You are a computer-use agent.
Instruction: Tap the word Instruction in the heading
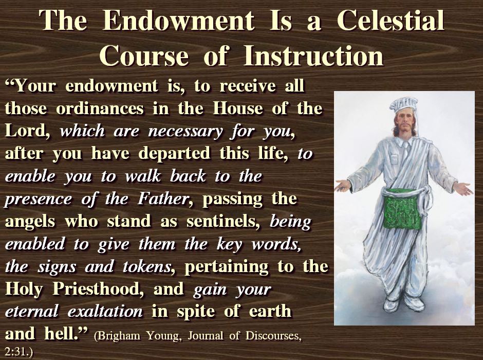[313, 56]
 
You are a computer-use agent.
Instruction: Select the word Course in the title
[143, 56]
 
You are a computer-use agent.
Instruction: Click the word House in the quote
[238, 108]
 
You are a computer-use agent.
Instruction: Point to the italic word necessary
[185, 132]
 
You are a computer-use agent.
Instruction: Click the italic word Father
[163, 199]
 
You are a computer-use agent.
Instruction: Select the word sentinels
[222, 221]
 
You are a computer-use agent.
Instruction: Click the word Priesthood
[98, 289]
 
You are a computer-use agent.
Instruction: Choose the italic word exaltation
[105, 311]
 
